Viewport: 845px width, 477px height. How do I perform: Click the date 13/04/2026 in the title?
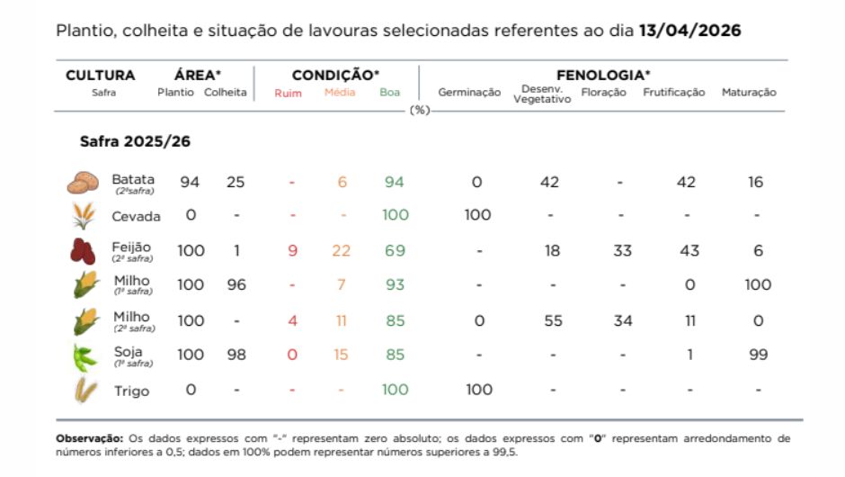689,30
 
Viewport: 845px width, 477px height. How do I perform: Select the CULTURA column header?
100,76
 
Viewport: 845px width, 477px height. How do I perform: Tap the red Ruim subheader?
288,93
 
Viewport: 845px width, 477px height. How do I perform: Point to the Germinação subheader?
469,93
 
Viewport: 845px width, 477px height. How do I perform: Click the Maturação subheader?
749,93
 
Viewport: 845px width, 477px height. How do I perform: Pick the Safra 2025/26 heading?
135,142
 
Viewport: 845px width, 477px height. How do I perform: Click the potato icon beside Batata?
83,183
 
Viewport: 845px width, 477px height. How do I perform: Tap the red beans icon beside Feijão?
83,251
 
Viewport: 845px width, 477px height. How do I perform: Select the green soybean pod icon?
84,356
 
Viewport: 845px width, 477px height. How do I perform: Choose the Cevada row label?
136,217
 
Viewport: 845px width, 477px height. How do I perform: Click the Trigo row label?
131,391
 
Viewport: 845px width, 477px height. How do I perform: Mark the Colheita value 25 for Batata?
236,183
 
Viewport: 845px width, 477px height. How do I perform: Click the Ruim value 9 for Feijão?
292,251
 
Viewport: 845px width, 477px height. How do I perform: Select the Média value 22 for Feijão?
342,251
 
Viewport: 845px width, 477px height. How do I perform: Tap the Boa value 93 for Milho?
395,285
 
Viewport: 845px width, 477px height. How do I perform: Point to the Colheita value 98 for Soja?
236,355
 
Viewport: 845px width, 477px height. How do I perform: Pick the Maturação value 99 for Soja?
758,355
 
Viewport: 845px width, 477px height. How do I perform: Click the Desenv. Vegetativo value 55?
550,320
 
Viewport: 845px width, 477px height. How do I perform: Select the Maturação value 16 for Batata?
755,183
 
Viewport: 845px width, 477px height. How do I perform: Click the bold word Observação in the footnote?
89,438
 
